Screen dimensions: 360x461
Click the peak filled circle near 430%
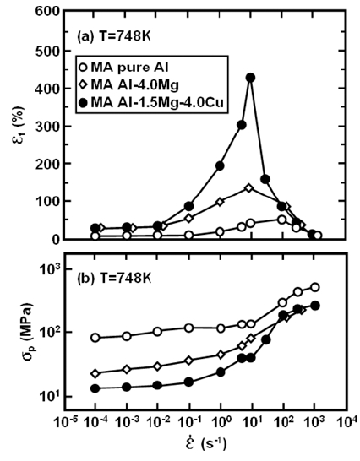[x=250, y=78]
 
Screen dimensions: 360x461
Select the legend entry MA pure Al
[x=124, y=68]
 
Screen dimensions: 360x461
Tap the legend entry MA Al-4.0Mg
[x=129, y=85]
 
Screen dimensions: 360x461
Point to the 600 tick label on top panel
[x=47, y=11]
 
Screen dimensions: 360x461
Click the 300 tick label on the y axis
[x=47, y=126]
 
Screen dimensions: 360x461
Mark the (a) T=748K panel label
[x=113, y=37]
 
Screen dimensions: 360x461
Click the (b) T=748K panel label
[x=114, y=278]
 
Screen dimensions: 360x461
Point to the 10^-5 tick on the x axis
[x=64, y=423]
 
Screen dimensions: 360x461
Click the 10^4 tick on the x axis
[x=346, y=423]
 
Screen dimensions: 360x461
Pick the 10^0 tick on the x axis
[x=221, y=423]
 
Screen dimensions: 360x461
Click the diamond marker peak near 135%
[x=249, y=188]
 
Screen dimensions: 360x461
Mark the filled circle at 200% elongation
[x=220, y=165]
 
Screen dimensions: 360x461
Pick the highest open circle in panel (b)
[x=315, y=287]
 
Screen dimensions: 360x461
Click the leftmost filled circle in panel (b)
[x=95, y=388]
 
